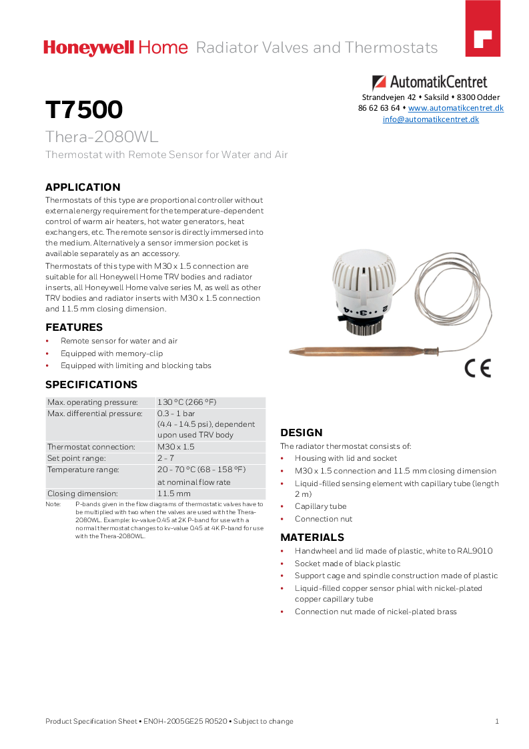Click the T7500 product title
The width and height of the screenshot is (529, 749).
tap(84, 109)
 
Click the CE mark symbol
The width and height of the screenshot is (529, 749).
tap(478, 367)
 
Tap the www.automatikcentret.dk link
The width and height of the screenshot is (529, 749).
tap(456, 108)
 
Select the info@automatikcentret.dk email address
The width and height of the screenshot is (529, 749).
tap(430, 119)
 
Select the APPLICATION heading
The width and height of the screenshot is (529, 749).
tap(83, 187)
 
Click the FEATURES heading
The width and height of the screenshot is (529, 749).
tap(74, 327)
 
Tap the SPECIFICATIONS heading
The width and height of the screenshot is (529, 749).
tap(91, 385)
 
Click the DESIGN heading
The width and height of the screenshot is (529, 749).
tap(302, 433)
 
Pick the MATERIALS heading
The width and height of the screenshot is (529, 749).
tap(312, 538)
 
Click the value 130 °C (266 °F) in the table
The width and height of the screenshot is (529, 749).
tap(187, 402)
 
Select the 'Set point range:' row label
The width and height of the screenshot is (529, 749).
tap(76, 458)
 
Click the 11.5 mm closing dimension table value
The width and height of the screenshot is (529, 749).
tap(174, 494)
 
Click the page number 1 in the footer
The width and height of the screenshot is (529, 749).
tap(497, 721)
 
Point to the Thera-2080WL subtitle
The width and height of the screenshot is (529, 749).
tap(101, 137)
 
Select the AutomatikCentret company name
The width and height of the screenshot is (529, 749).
tap(438, 83)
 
